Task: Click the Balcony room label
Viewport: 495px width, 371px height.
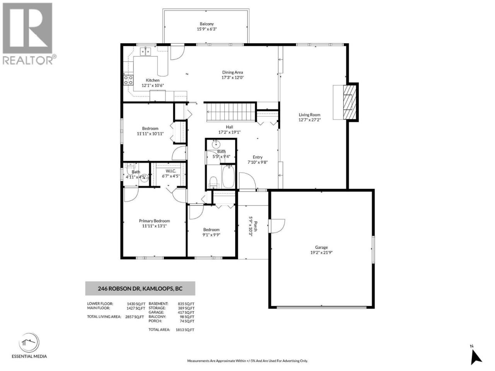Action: click(x=207, y=24)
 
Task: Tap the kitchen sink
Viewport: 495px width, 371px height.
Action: click(x=145, y=51)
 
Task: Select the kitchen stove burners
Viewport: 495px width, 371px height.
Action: click(x=128, y=80)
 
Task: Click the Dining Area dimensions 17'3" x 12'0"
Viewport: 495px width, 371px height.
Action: click(x=232, y=78)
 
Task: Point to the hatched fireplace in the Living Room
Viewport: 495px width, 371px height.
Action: click(x=350, y=102)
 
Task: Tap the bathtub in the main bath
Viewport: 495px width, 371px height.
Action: click(x=228, y=176)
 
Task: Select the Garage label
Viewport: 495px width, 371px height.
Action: click(x=321, y=247)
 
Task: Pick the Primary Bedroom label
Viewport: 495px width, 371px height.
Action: click(x=154, y=221)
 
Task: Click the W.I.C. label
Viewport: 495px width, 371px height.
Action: click(x=171, y=171)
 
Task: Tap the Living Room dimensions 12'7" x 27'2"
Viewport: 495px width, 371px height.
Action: click(x=309, y=120)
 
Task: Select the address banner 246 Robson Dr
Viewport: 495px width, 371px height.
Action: click(x=140, y=289)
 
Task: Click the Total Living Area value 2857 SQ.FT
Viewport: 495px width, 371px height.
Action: click(x=135, y=317)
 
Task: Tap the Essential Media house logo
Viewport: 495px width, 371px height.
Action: click(x=29, y=342)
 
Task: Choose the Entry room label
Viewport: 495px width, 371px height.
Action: click(x=258, y=157)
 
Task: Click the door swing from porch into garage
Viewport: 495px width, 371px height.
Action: click(x=277, y=226)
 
